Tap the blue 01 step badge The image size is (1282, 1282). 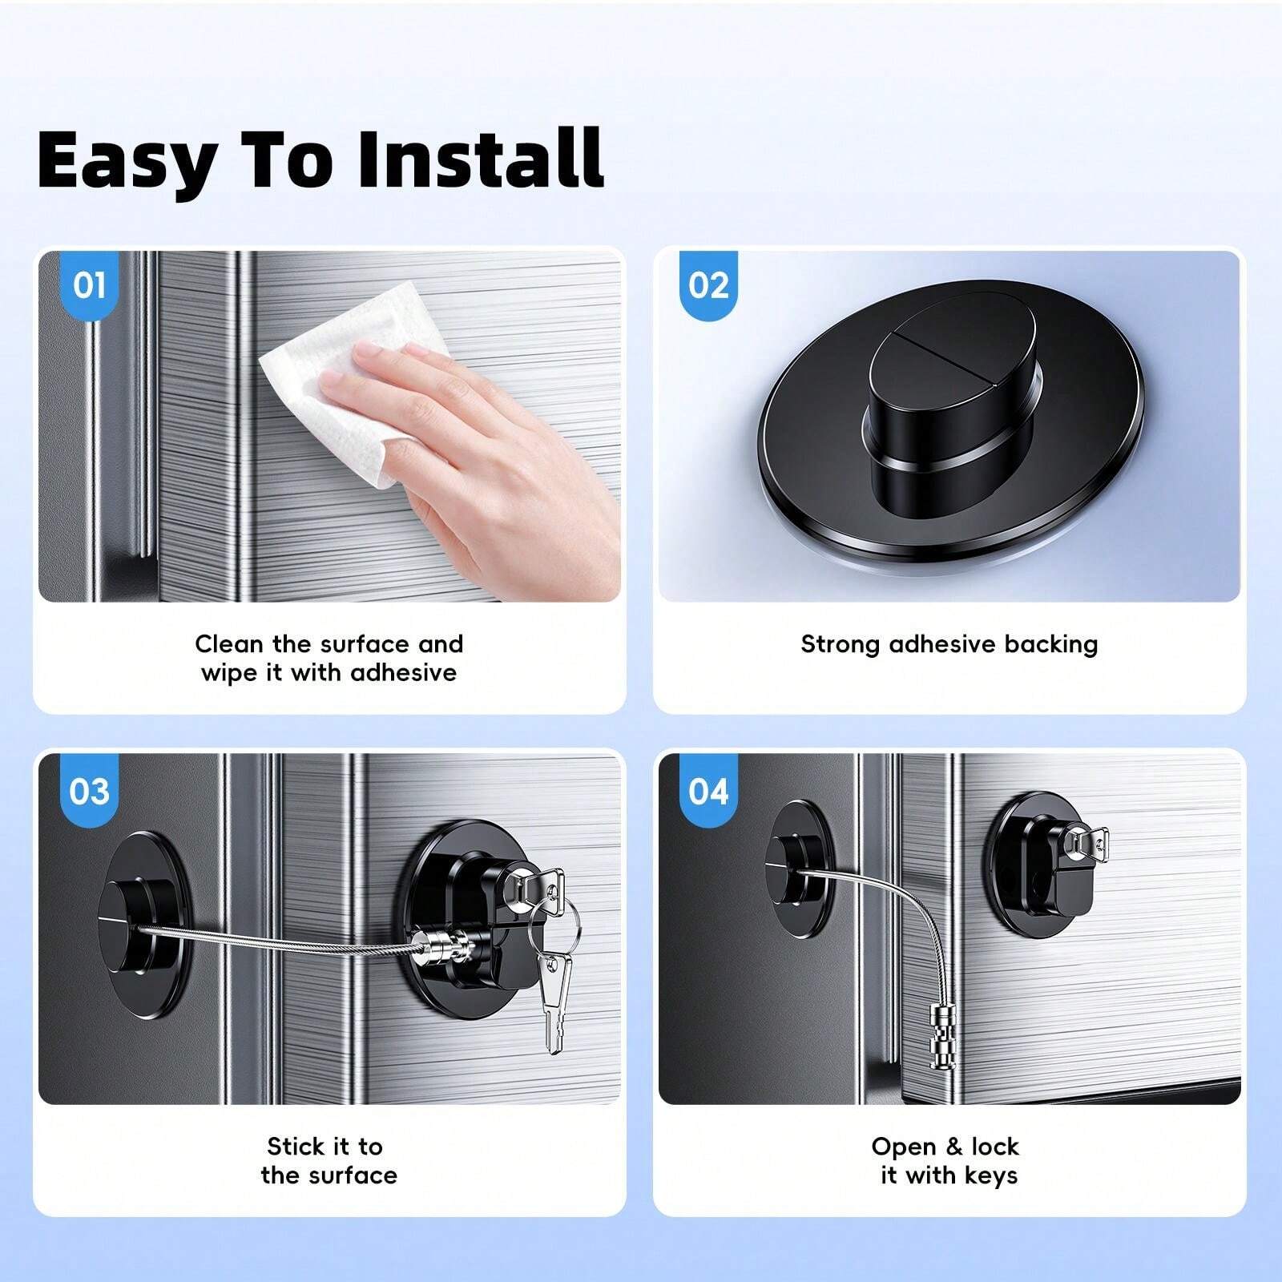click(89, 284)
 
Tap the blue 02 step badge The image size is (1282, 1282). click(708, 284)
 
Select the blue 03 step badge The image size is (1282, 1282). click(89, 791)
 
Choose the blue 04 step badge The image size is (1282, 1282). click(708, 791)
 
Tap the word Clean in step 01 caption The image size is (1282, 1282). click(229, 644)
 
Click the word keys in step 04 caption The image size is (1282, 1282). click(991, 1175)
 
